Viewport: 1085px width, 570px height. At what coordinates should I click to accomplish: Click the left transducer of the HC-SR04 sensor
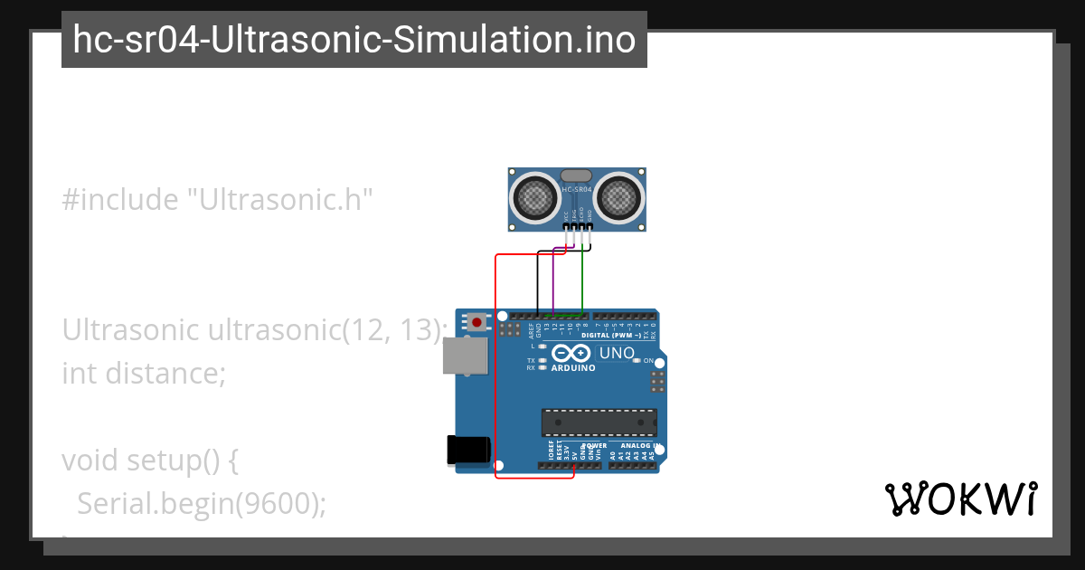[x=536, y=196]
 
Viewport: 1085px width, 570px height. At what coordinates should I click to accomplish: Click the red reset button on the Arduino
[x=476, y=321]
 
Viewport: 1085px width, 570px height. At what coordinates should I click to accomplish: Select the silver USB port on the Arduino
[x=465, y=356]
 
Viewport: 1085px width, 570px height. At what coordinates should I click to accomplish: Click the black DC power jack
[x=468, y=451]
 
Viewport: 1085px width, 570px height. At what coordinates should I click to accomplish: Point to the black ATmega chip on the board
[x=599, y=423]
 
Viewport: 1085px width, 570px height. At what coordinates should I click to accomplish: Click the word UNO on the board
[x=617, y=353]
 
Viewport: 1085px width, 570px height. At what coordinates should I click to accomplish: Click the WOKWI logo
[x=960, y=499]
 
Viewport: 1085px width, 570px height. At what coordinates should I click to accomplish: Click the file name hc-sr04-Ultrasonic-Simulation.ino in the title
[x=354, y=40]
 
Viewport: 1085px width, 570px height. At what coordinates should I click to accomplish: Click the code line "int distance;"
[x=143, y=372]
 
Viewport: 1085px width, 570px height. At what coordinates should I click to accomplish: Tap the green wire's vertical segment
[x=582, y=280]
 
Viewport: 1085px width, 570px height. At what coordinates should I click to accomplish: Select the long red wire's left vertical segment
[x=495, y=362]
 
